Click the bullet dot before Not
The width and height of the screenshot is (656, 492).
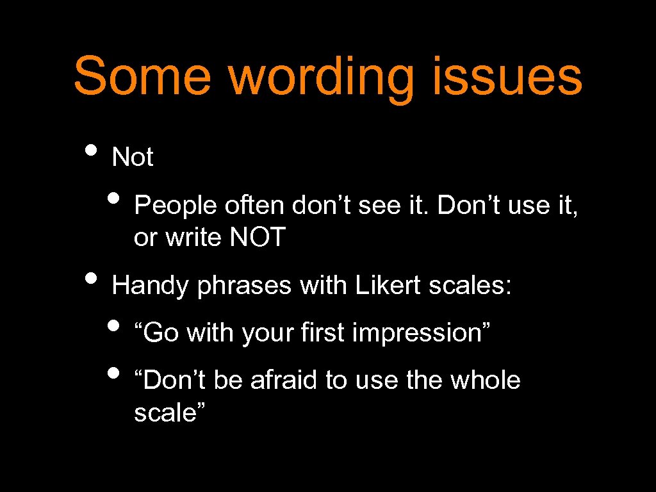click(92, 152)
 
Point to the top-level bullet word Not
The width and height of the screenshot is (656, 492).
click(133, 157)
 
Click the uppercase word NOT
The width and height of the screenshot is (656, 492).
click(257, 238)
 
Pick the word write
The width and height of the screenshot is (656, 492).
click(192, 238)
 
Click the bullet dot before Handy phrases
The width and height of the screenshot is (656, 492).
click(92, 280)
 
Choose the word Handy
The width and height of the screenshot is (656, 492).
click(151, 286)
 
